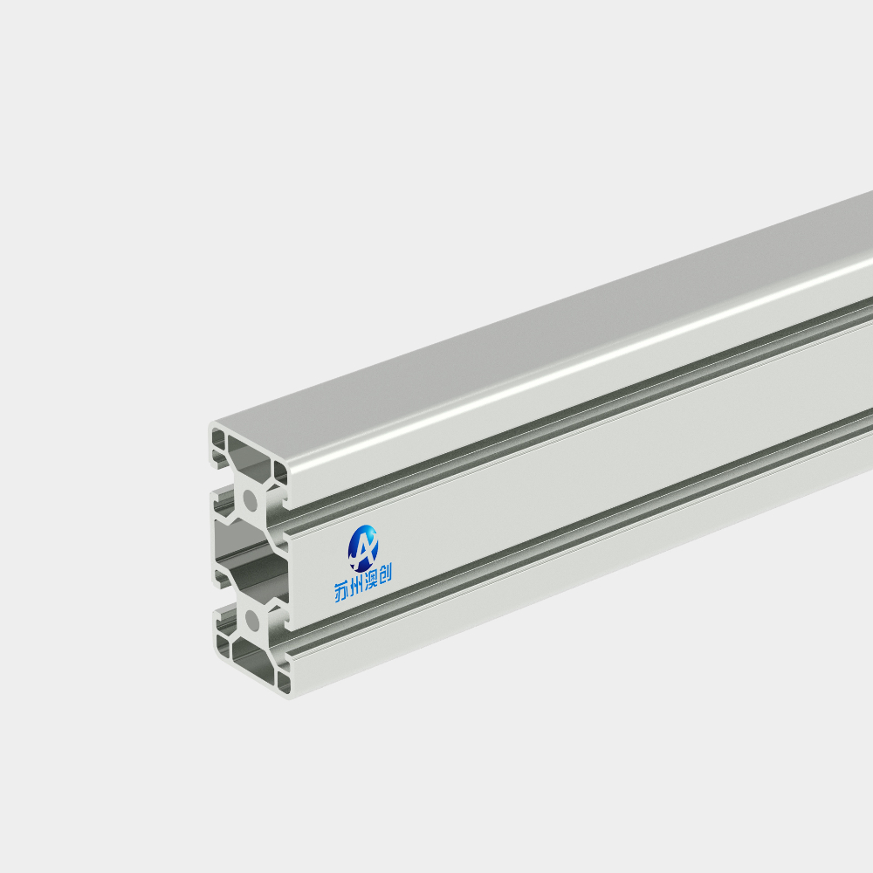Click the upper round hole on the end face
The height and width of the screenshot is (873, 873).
pos(251,501)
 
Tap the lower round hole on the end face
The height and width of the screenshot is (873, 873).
pos(251,620)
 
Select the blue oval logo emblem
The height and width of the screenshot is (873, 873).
pos(363,548)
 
